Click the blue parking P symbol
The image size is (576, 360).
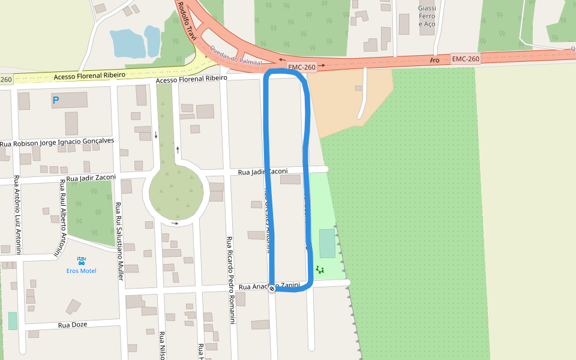[x=56, y=101]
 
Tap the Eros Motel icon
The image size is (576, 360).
[x=81, y=260]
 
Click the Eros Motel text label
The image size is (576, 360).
[x=81, y=271]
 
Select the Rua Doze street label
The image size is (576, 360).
[x=73, y=325]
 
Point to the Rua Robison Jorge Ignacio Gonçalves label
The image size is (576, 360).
[x=57, y=142]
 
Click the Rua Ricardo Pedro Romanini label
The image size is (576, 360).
[x=230, y=280]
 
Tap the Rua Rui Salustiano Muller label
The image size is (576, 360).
[x=119, y=237]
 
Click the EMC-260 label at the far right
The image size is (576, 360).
[x=466, y=59]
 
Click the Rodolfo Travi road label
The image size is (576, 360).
[x=187, y=21]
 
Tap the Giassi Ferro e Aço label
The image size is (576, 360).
[x=427, y=16]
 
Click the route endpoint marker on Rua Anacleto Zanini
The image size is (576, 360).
[x=272, y=289]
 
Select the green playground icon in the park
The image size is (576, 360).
[x=319, y=270]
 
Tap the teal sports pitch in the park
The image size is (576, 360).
[x=327, y=243]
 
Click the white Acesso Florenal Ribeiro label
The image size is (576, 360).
[x=191, y=79]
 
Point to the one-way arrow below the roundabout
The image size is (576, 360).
[x=175, y=223]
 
